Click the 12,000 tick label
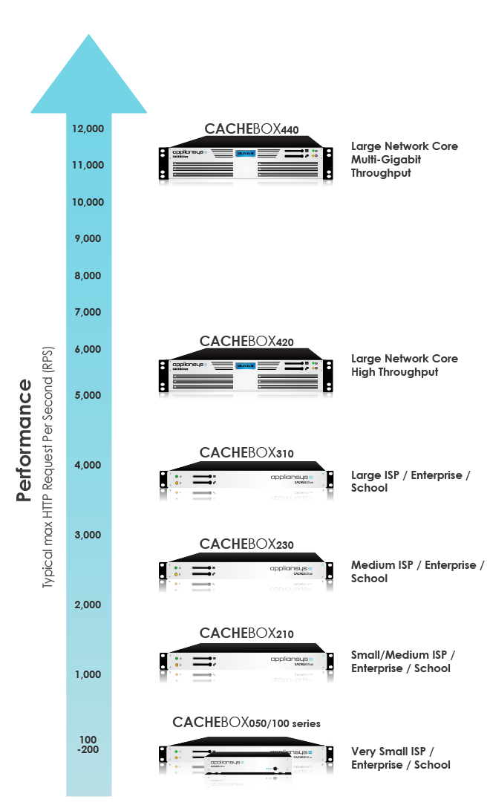(x=88, y=128)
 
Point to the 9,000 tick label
(x=88, y=238)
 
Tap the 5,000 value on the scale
(x=88, y=395)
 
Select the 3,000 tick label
(x=88, y=535)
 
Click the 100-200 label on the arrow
(x=88, y=744)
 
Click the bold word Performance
(x=24, y=441)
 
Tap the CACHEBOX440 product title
(x=251, y=129)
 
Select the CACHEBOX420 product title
(x=246, y=342)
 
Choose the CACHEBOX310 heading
(x=246, y=452)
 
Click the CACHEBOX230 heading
(x=246, y=544)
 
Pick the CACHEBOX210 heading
(x=246, y=633)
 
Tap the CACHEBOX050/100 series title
(x=246, y=723)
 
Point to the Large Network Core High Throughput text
(x=405, y=365)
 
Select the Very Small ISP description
(x=401, y=758)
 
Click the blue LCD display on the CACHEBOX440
(x=246, y=154)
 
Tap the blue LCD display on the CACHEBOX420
(x=246, y=365)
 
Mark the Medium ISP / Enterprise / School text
(x=416, y=572)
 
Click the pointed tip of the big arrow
(x=89, y=36)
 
